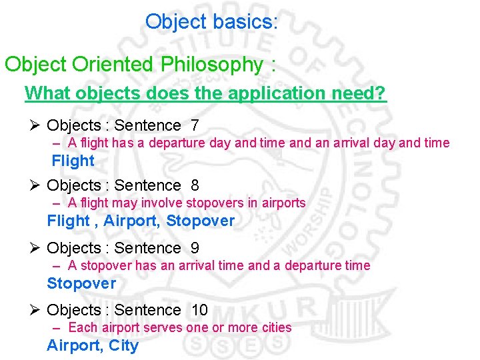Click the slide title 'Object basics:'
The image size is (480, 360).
point(211,22)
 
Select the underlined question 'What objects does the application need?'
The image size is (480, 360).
point(205,93)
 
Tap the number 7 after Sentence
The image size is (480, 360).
point(194,125)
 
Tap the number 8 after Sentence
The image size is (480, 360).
point(194,185)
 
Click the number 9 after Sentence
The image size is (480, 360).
point(194,248)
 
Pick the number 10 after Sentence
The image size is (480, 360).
point(199,310)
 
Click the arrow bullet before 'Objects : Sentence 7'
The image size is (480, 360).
point(36,125)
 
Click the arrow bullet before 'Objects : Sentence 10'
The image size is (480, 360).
point(36,310)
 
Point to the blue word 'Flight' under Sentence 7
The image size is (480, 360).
point(73,161)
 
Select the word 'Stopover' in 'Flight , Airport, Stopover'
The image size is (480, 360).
point(200,221)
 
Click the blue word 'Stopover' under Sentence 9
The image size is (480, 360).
point(81,283)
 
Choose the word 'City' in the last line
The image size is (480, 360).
point(123,345)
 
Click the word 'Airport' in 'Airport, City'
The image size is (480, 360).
point(73,345)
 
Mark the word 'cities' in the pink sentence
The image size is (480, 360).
point(276,327)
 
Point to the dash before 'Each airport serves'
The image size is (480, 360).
point(58,327)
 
